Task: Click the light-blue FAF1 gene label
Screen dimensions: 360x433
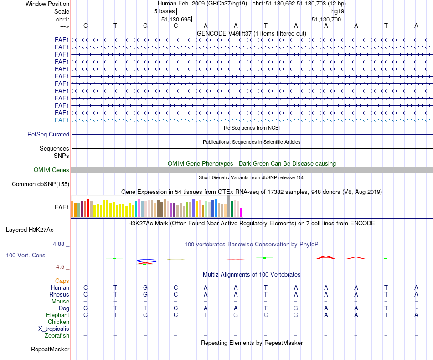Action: [62, 120]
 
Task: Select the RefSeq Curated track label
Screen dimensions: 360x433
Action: [48, 135]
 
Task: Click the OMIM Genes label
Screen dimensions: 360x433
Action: [52, 170]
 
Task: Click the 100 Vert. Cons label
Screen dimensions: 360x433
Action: [26, 256]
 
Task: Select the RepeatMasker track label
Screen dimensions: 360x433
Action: [50, 350]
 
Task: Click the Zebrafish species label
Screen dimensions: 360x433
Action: [57, 336]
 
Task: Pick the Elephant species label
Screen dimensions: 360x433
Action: [58, 315]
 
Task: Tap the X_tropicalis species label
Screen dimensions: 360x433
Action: [54, 329]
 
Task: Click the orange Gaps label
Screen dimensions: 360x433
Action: [62, 281]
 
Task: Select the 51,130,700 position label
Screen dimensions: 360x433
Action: [326, 20]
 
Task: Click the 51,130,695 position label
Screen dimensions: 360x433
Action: [176, 20]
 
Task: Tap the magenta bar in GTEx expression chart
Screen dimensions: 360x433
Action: [242, 213]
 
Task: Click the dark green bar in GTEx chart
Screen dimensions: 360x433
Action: [232, 209]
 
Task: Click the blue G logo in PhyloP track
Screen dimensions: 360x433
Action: [146, 261]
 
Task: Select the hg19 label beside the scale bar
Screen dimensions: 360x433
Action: [338, 11]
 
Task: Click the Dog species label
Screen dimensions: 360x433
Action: [64, 308]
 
